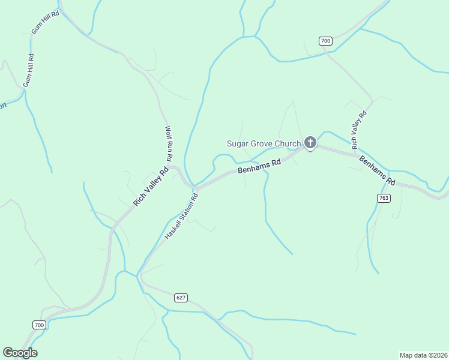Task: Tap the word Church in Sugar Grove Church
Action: (286, 143)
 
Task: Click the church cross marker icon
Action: (310, 143)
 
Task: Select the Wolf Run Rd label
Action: (169, 143)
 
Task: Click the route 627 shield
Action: (181, 298)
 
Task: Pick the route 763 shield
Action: (384, 198)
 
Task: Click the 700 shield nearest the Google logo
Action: (39, 325)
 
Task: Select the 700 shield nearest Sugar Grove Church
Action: (325, 41)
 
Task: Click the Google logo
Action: (20, 353)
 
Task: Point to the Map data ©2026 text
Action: (423, 355)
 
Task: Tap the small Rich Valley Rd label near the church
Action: (359, 130)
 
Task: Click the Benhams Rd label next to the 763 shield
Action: (378, 170)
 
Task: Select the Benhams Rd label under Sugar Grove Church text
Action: (259, 166)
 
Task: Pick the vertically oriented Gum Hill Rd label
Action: (28, 70)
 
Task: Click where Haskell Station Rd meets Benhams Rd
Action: (196, 188)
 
